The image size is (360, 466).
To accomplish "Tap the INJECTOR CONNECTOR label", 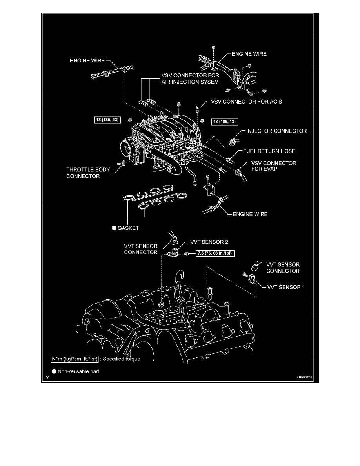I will [276, 131].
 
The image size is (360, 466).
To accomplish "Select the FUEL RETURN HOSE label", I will [269, 151].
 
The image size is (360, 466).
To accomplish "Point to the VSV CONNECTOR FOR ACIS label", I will [246, 101].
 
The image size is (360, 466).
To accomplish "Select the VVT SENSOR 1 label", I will [285, 287].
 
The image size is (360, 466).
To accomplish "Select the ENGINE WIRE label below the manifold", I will [251, 214].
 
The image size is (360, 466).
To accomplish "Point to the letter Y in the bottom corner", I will [47, 379].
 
